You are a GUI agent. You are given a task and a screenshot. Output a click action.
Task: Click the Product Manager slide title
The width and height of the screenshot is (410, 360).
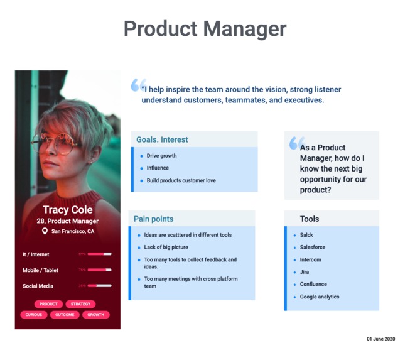click(x=205, y=29)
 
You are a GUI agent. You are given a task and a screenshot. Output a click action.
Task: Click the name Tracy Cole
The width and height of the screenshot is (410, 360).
click(x=67, y=210)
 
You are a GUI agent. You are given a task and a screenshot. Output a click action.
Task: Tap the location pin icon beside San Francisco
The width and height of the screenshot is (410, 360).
click(x=45, y=231)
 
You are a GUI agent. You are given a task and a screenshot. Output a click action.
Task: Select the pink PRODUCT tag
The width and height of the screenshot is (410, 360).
click(x=48, y=304)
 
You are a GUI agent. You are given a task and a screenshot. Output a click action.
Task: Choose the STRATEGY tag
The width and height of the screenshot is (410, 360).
click(x=80, y=304)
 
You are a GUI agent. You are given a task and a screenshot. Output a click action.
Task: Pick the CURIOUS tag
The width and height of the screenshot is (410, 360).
click(x=34, y=315)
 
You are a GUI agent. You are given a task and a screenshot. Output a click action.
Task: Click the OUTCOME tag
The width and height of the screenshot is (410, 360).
click(x=65, y=315)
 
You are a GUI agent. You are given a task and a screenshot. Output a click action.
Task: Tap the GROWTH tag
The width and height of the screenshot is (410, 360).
click(x=95, y=315)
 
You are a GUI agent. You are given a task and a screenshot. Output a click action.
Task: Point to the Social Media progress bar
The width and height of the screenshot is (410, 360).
click(x=99, y=286)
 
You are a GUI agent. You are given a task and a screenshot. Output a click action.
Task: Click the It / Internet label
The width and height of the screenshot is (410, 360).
click(x=36, y=254)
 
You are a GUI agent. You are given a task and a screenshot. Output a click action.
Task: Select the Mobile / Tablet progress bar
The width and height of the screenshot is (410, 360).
click(x=99, y=270)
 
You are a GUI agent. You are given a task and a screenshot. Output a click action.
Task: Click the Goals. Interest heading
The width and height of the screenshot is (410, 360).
click(x=162, y=139)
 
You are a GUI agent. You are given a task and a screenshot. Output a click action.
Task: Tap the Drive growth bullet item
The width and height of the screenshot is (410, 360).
click(x=161, y=156)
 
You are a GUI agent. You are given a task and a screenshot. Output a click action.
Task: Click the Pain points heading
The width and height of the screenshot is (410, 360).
click(x=153, y=219)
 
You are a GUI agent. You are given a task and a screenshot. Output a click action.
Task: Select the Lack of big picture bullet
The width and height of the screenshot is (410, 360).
click(x=166, y=248)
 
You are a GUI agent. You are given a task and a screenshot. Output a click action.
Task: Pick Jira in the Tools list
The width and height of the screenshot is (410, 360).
click(x=304, y=272)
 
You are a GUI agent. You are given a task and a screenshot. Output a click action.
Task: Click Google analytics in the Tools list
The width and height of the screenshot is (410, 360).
click(x=319, y=297)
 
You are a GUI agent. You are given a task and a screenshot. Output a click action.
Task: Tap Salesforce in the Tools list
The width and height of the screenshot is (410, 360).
click(x=312, y=248)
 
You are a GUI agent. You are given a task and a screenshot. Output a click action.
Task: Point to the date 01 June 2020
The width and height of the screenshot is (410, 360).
click(x=380, y=339)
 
